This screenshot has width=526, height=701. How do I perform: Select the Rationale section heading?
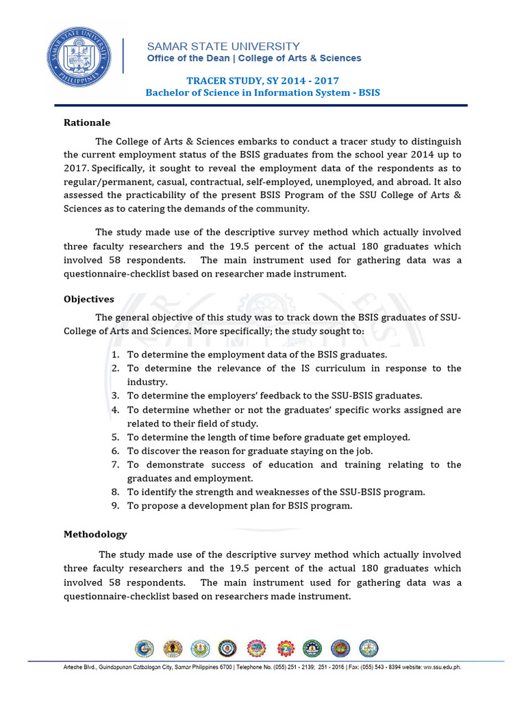click(87, 123)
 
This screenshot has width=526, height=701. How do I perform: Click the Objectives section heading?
click(89, 299)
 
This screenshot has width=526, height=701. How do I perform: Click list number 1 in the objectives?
click(114, 355)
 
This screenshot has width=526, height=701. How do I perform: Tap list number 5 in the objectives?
click(114, 437)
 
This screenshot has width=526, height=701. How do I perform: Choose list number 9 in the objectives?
click(114, 506)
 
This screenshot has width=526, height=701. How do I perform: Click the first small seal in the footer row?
click(145, 648)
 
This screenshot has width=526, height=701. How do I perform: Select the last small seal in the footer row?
click(368, 648)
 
